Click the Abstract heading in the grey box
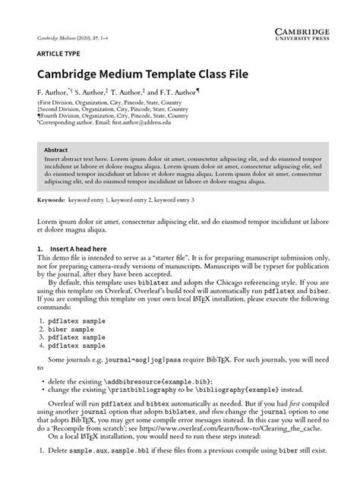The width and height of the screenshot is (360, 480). pos(58,150)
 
